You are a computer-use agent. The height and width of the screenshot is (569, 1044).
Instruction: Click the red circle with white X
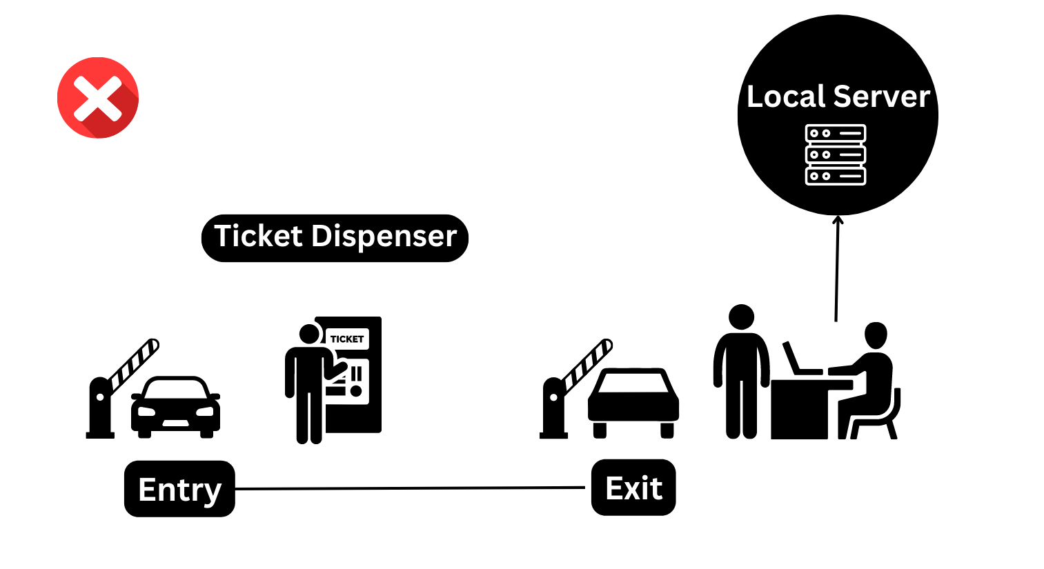[x=98, y=98]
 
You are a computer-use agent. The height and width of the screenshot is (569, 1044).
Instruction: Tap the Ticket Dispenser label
[x=335, y=237]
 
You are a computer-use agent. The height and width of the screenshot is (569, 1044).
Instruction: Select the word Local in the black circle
[x=785, y=97]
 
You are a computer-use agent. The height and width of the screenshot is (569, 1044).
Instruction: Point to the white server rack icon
[x=835, y=154]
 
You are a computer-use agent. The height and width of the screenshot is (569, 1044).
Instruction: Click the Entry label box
[x=179, y=489]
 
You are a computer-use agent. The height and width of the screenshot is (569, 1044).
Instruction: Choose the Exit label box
[x=633, y=488]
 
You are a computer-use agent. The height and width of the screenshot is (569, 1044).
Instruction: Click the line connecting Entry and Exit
[x=411, y=488]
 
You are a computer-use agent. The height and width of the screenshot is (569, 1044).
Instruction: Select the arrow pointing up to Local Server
[x=837, y=269]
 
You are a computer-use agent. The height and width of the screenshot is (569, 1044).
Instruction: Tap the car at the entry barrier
[x=175, y=407]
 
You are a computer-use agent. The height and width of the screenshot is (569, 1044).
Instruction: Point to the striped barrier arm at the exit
[x=588, y=363]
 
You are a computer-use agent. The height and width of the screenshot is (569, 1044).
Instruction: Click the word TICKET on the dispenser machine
[x=346, y=339]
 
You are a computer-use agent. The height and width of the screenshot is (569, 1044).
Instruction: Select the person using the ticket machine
[x=308, y=383]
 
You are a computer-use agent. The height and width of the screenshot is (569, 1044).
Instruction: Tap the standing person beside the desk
[x=741, y=372]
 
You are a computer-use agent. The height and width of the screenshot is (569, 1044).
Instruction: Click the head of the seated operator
[x=876, y=336]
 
